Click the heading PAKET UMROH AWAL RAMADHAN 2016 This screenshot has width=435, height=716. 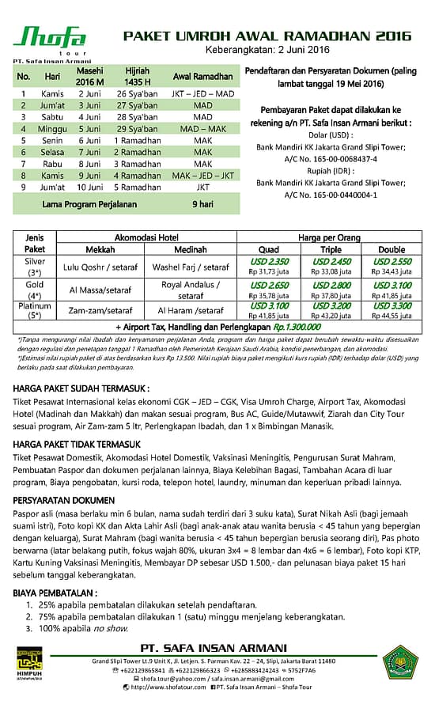click(267, 36)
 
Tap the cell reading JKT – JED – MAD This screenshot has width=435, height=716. click(202, 94)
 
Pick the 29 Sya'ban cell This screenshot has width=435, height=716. click(137, 128)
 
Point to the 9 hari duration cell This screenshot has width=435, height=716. click(202, 204)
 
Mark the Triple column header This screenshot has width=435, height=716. click(331, 249)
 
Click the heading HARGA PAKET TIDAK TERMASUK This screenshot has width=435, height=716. click(78, 445)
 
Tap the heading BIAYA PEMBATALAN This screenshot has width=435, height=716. click(56, 592)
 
